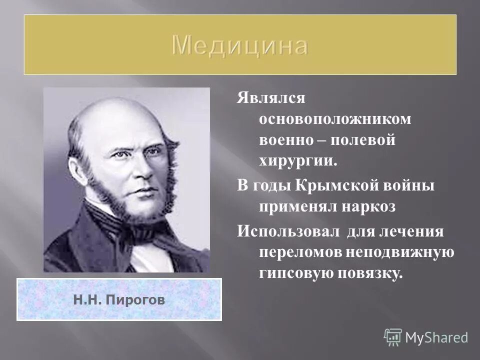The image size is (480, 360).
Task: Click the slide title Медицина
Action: [240, 46]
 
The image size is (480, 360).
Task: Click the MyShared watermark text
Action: [436, 337]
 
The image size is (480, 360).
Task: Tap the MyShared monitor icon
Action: [393, 336]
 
